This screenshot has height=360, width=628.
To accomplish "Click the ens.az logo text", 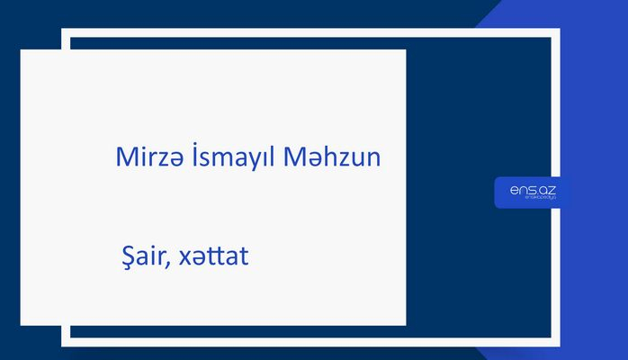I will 532,189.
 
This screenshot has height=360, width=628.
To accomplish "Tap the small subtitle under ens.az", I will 532,200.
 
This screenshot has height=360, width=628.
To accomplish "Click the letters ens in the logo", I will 520,189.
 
